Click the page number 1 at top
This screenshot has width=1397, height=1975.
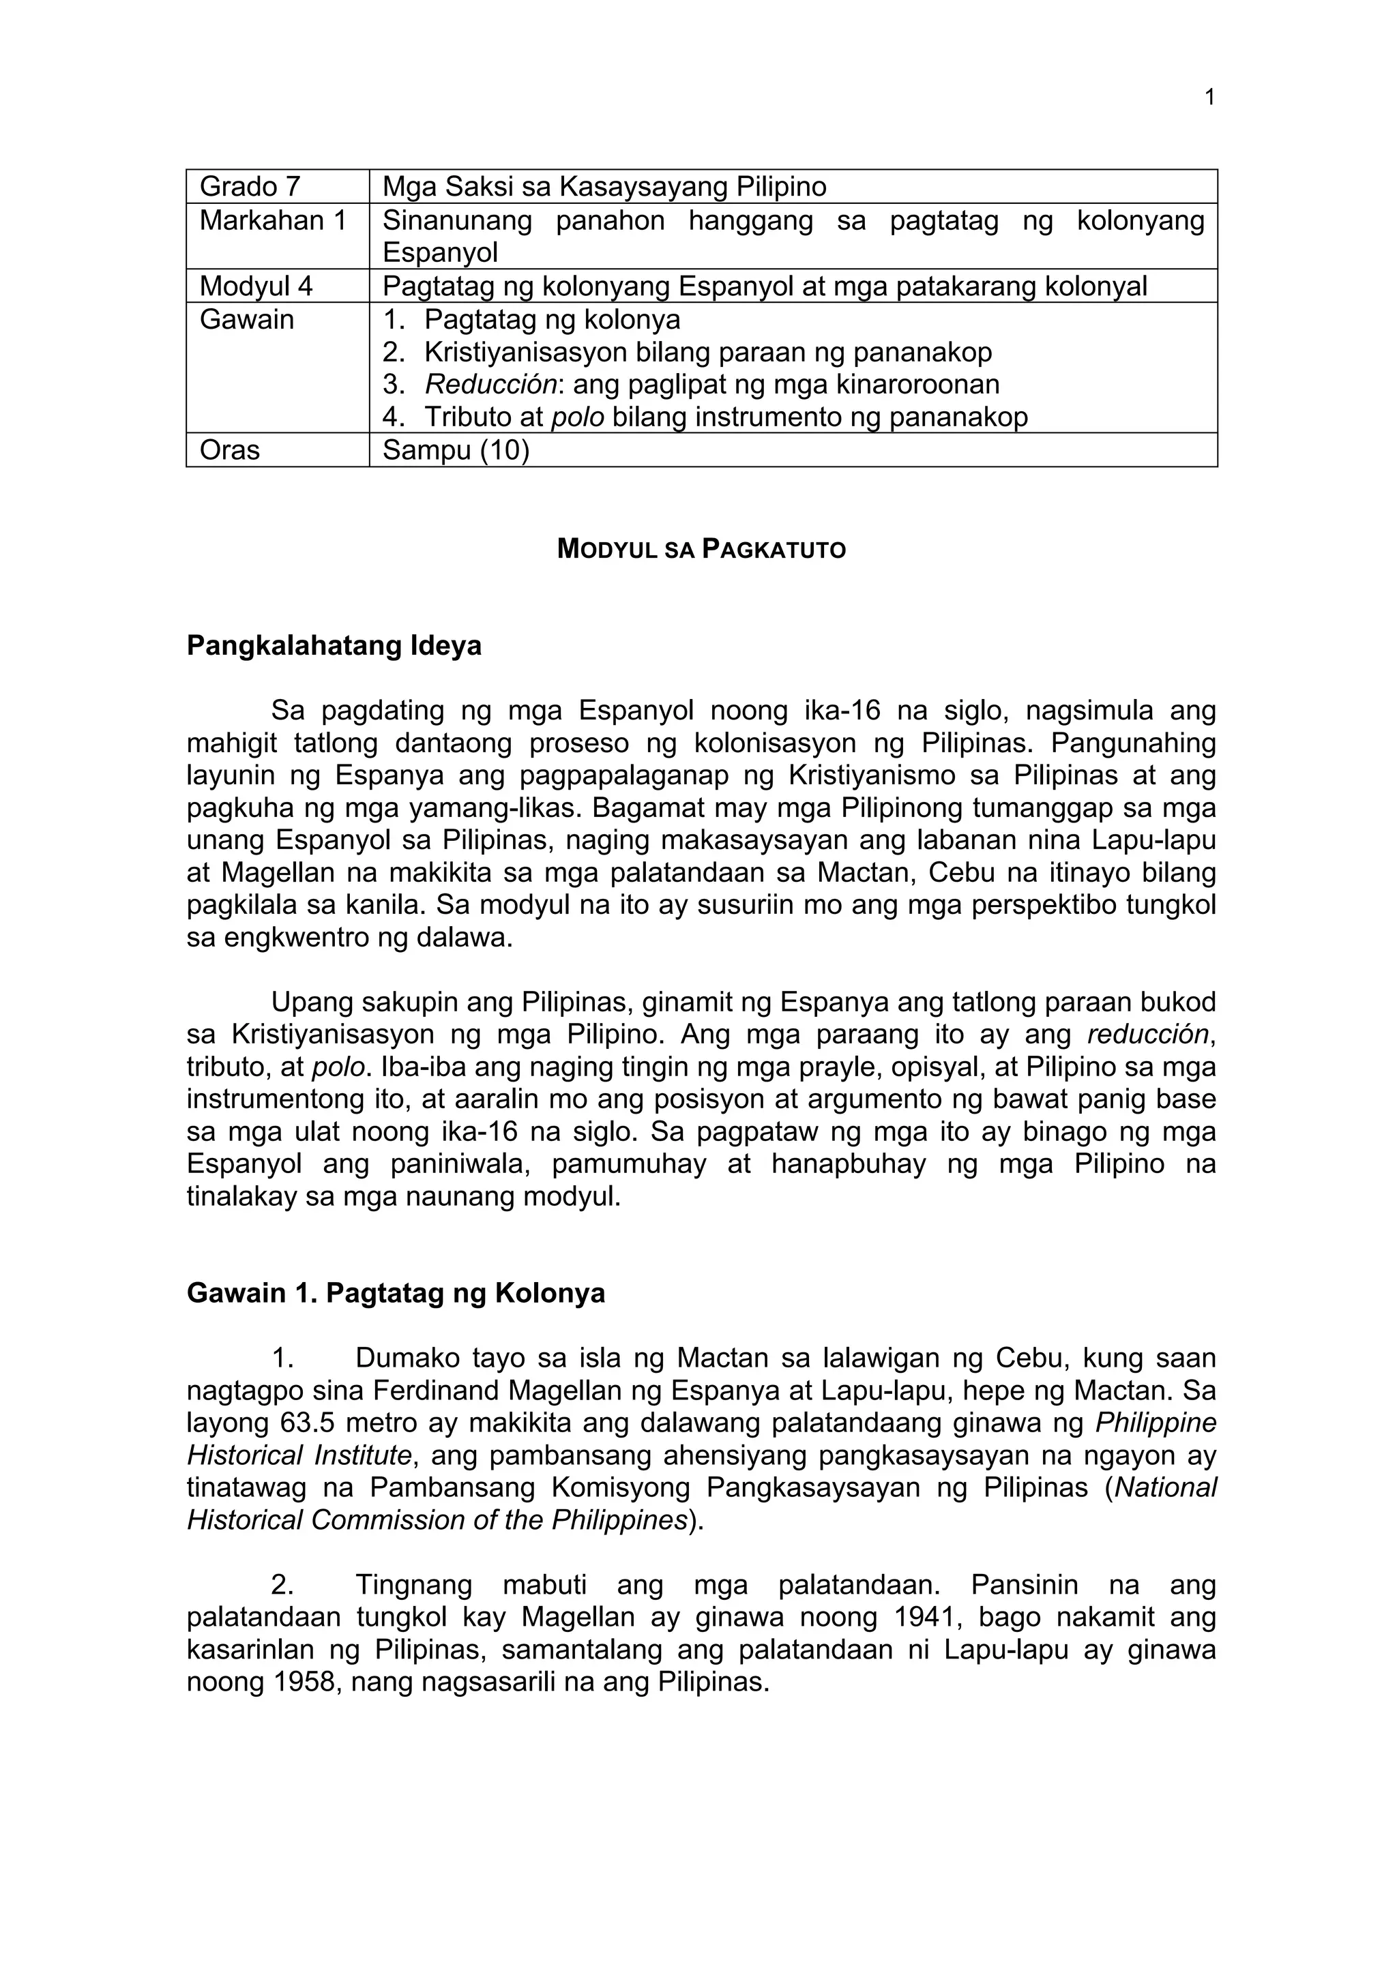pyautogui.click(x=1209, y=98)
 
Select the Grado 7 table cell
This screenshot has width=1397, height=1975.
pyautogui.click(x=250, y=187)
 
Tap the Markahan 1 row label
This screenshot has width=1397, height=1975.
pyautogui.click(x=273, y=221)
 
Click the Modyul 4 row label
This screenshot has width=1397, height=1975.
pyautogui.click(x=256, y=286)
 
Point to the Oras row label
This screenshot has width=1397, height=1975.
pyautogui.click(x=230, y=450)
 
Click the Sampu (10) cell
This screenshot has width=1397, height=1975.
pyautogui.click(x=456, y=450)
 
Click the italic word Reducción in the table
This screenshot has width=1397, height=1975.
pyautogui.click(x=490, y=385)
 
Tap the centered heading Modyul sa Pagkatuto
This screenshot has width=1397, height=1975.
pyautogui.click(x=701, y=549)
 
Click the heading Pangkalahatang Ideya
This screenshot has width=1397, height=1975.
pyautogui.click(x=334, y=645)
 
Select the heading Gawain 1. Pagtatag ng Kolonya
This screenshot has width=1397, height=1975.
pyautogui.click(x=396, y=1294)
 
